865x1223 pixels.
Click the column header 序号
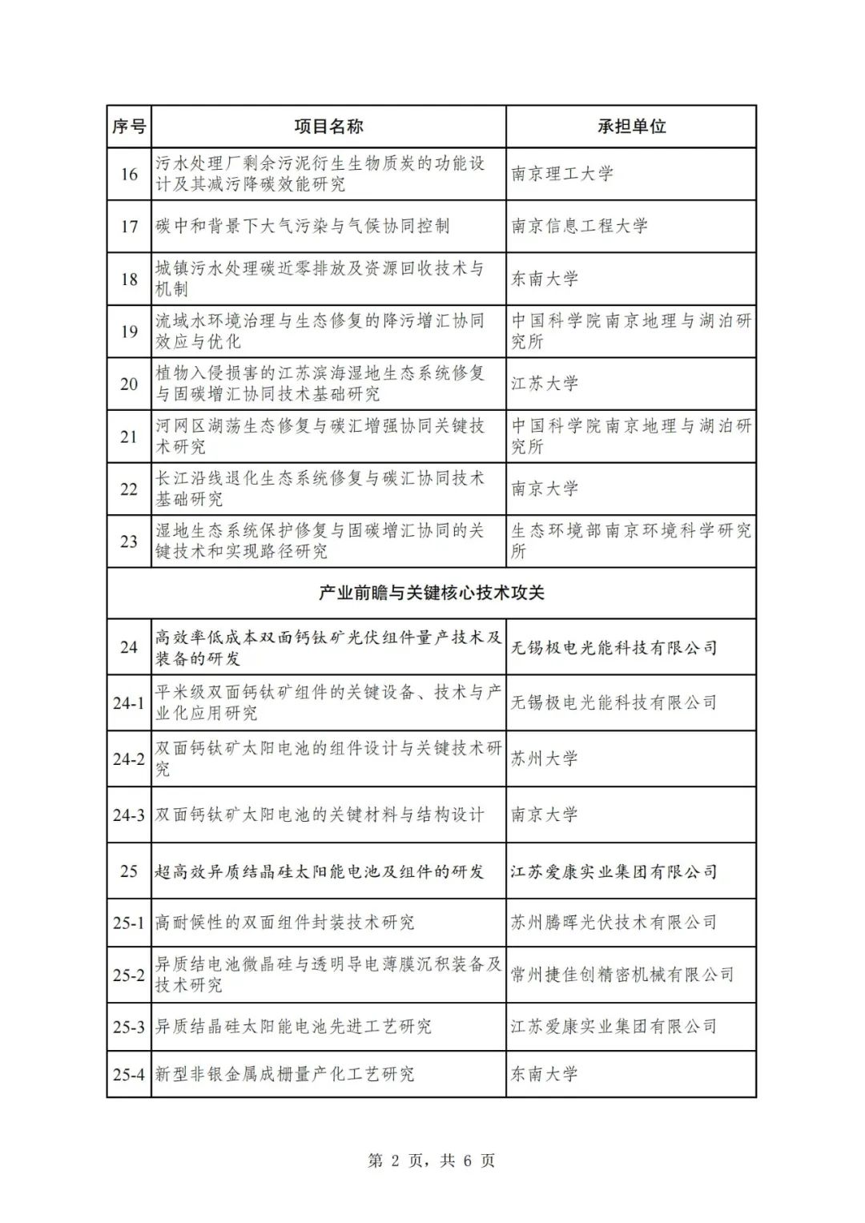tap(129, 127)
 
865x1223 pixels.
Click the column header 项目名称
tap(328, 127)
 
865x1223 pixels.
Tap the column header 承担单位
tap(631, 127)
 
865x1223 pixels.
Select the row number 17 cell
tap(129, 226)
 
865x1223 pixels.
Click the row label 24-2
tap(129, 758)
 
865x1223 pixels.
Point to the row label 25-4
tap(129, 1074)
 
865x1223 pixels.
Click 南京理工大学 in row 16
tap(562, 174)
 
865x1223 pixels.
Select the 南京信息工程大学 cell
tap(579, 226)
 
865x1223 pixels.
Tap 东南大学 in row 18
tap(545, 279)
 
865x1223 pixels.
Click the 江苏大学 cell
tap(545, 384)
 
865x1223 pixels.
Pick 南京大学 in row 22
tap(545, 489)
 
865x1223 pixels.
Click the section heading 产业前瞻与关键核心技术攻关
tap(431, 593)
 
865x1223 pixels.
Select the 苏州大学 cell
tap(545, 758)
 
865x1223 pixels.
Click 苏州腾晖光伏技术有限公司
tap(614, 923)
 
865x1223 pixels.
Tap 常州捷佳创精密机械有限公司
tap(622, 975)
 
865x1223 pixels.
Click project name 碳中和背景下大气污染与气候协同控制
tap(303, 226)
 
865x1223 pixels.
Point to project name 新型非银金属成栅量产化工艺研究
tap(284, 1074)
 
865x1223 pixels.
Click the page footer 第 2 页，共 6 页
tap(431, 1160)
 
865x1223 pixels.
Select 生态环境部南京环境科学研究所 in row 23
tap(631, 541)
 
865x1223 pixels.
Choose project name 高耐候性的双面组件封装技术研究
tap(284, 923)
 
